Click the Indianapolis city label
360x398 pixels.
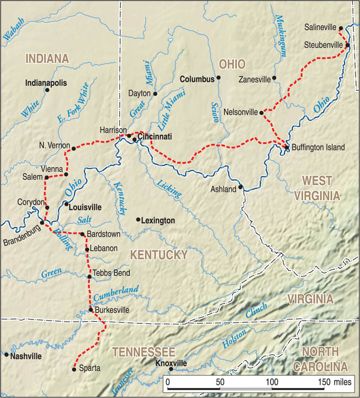pyautogui.click(x=46, y=83)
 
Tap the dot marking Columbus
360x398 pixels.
pyautogui.click(x=219, y=78)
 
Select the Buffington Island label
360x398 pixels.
pyautogui.click(x=317, y=148)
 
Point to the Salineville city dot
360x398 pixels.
pyautogui.click(x=341, y=28)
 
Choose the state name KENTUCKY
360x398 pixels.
pyautogui.click(x=159, y=255)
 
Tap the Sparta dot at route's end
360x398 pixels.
pyautogui.click(x=75, y=369)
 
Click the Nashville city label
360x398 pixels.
pyautogui.click(x=25, y=356)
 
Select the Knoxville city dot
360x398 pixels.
pyautogui.click(x=171, y=369)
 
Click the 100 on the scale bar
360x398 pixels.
pyautogui.click(x=272, y=383)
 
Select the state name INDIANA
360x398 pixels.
pyautogui.click(x=46, y=58)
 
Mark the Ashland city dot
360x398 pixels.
pyautogui.click(x=241, y=187)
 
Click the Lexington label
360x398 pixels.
pyautogui.click(x=158, y=221)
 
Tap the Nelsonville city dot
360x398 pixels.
pyautogui.click(x=262, y=112)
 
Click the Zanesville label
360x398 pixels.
pyautogui.click(x=255, y=80)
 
